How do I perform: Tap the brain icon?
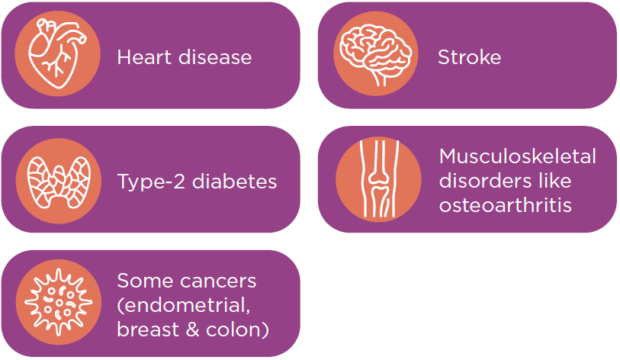pyautogui.click(x=376, y=54)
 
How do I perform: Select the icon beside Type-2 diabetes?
pyautogui.click(x=59, y=182)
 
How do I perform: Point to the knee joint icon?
pyautogui.click(x=379, y=178)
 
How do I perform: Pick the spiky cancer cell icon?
pyautogui.click(x=59, y=302)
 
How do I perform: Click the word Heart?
pyautogui.click(x=143, y=57)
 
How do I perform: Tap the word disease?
pyautogui.click(x=215, y=57)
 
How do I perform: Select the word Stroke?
pyautogui.click(x=469, y=57)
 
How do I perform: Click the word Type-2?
pyautogui.click(x=152, y=182)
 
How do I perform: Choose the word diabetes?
pyautogui.click(x=234, y=182)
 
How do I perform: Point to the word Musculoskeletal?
pyautogui.click(x=518, y=156)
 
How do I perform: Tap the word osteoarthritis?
pyautogui.click(x=506, y=205)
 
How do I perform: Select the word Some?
pyautogui.click(x=145, y=281)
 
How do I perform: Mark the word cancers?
pyautogui.click(x=218, y=281)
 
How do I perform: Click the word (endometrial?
pyautogui.click(x=184, y=306)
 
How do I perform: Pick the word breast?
pyautogui.click(x=148, y=329)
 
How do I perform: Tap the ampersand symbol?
pyautogui.click(x=192, y=330)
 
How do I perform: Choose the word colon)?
pyautogui.click(x=237, y=330)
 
